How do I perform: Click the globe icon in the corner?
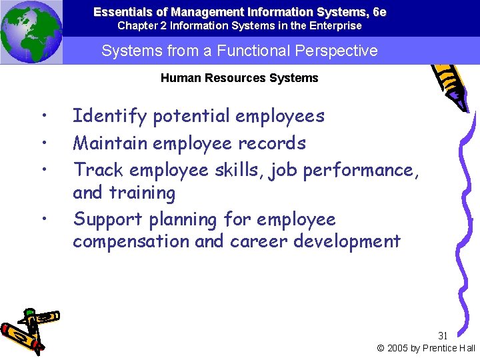31,32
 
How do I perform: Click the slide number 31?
443,335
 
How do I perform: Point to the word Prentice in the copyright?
439,348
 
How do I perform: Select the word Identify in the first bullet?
109,117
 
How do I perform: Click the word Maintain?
110,143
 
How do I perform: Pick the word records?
275,143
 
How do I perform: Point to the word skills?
238,170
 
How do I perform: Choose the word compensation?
131,241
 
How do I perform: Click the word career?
259,241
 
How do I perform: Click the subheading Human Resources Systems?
239,78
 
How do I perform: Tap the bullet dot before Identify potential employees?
43,117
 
